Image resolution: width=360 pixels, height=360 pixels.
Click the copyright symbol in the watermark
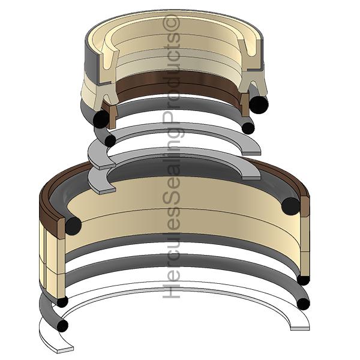[x=171, y=23]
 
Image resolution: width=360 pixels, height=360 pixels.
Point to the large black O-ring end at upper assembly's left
[x=101, y=119]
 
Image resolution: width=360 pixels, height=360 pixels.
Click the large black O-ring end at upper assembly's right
[x=259, y=104]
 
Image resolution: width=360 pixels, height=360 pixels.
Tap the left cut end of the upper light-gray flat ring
[x=107, y=167]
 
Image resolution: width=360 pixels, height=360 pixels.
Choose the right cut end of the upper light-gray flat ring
[x=252, y=153]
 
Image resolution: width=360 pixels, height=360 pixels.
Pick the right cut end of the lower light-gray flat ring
[x=252, y=178]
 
